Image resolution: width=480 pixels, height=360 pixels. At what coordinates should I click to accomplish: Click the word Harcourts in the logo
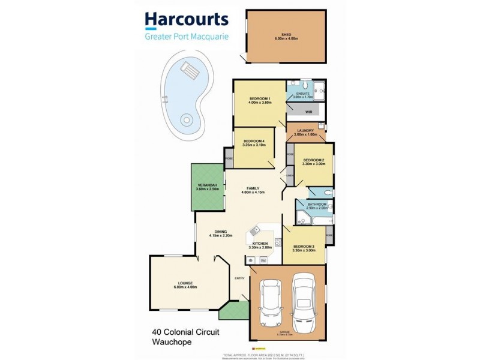pyautogui.click(x=187, y=19)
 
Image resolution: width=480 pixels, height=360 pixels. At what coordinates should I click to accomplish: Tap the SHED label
pyautogui.click(x=286, y=35)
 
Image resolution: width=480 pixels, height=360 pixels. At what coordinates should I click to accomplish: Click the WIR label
pyautogui.click(x=308, y=112)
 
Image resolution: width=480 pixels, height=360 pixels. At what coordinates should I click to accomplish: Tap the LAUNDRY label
pyautogui.click(x=305, y=131)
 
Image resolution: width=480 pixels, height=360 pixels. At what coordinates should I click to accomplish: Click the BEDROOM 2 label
pyautogui.click(x=313, y=160)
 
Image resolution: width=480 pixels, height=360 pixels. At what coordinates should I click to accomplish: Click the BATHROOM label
pyautogui.click(x=316, y=204)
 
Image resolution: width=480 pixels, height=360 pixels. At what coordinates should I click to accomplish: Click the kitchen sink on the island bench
pyautogui.click(x=256, y=229)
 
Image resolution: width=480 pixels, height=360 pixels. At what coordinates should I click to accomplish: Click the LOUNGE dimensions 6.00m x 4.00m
pyautogui.click(x=185, y=287)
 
